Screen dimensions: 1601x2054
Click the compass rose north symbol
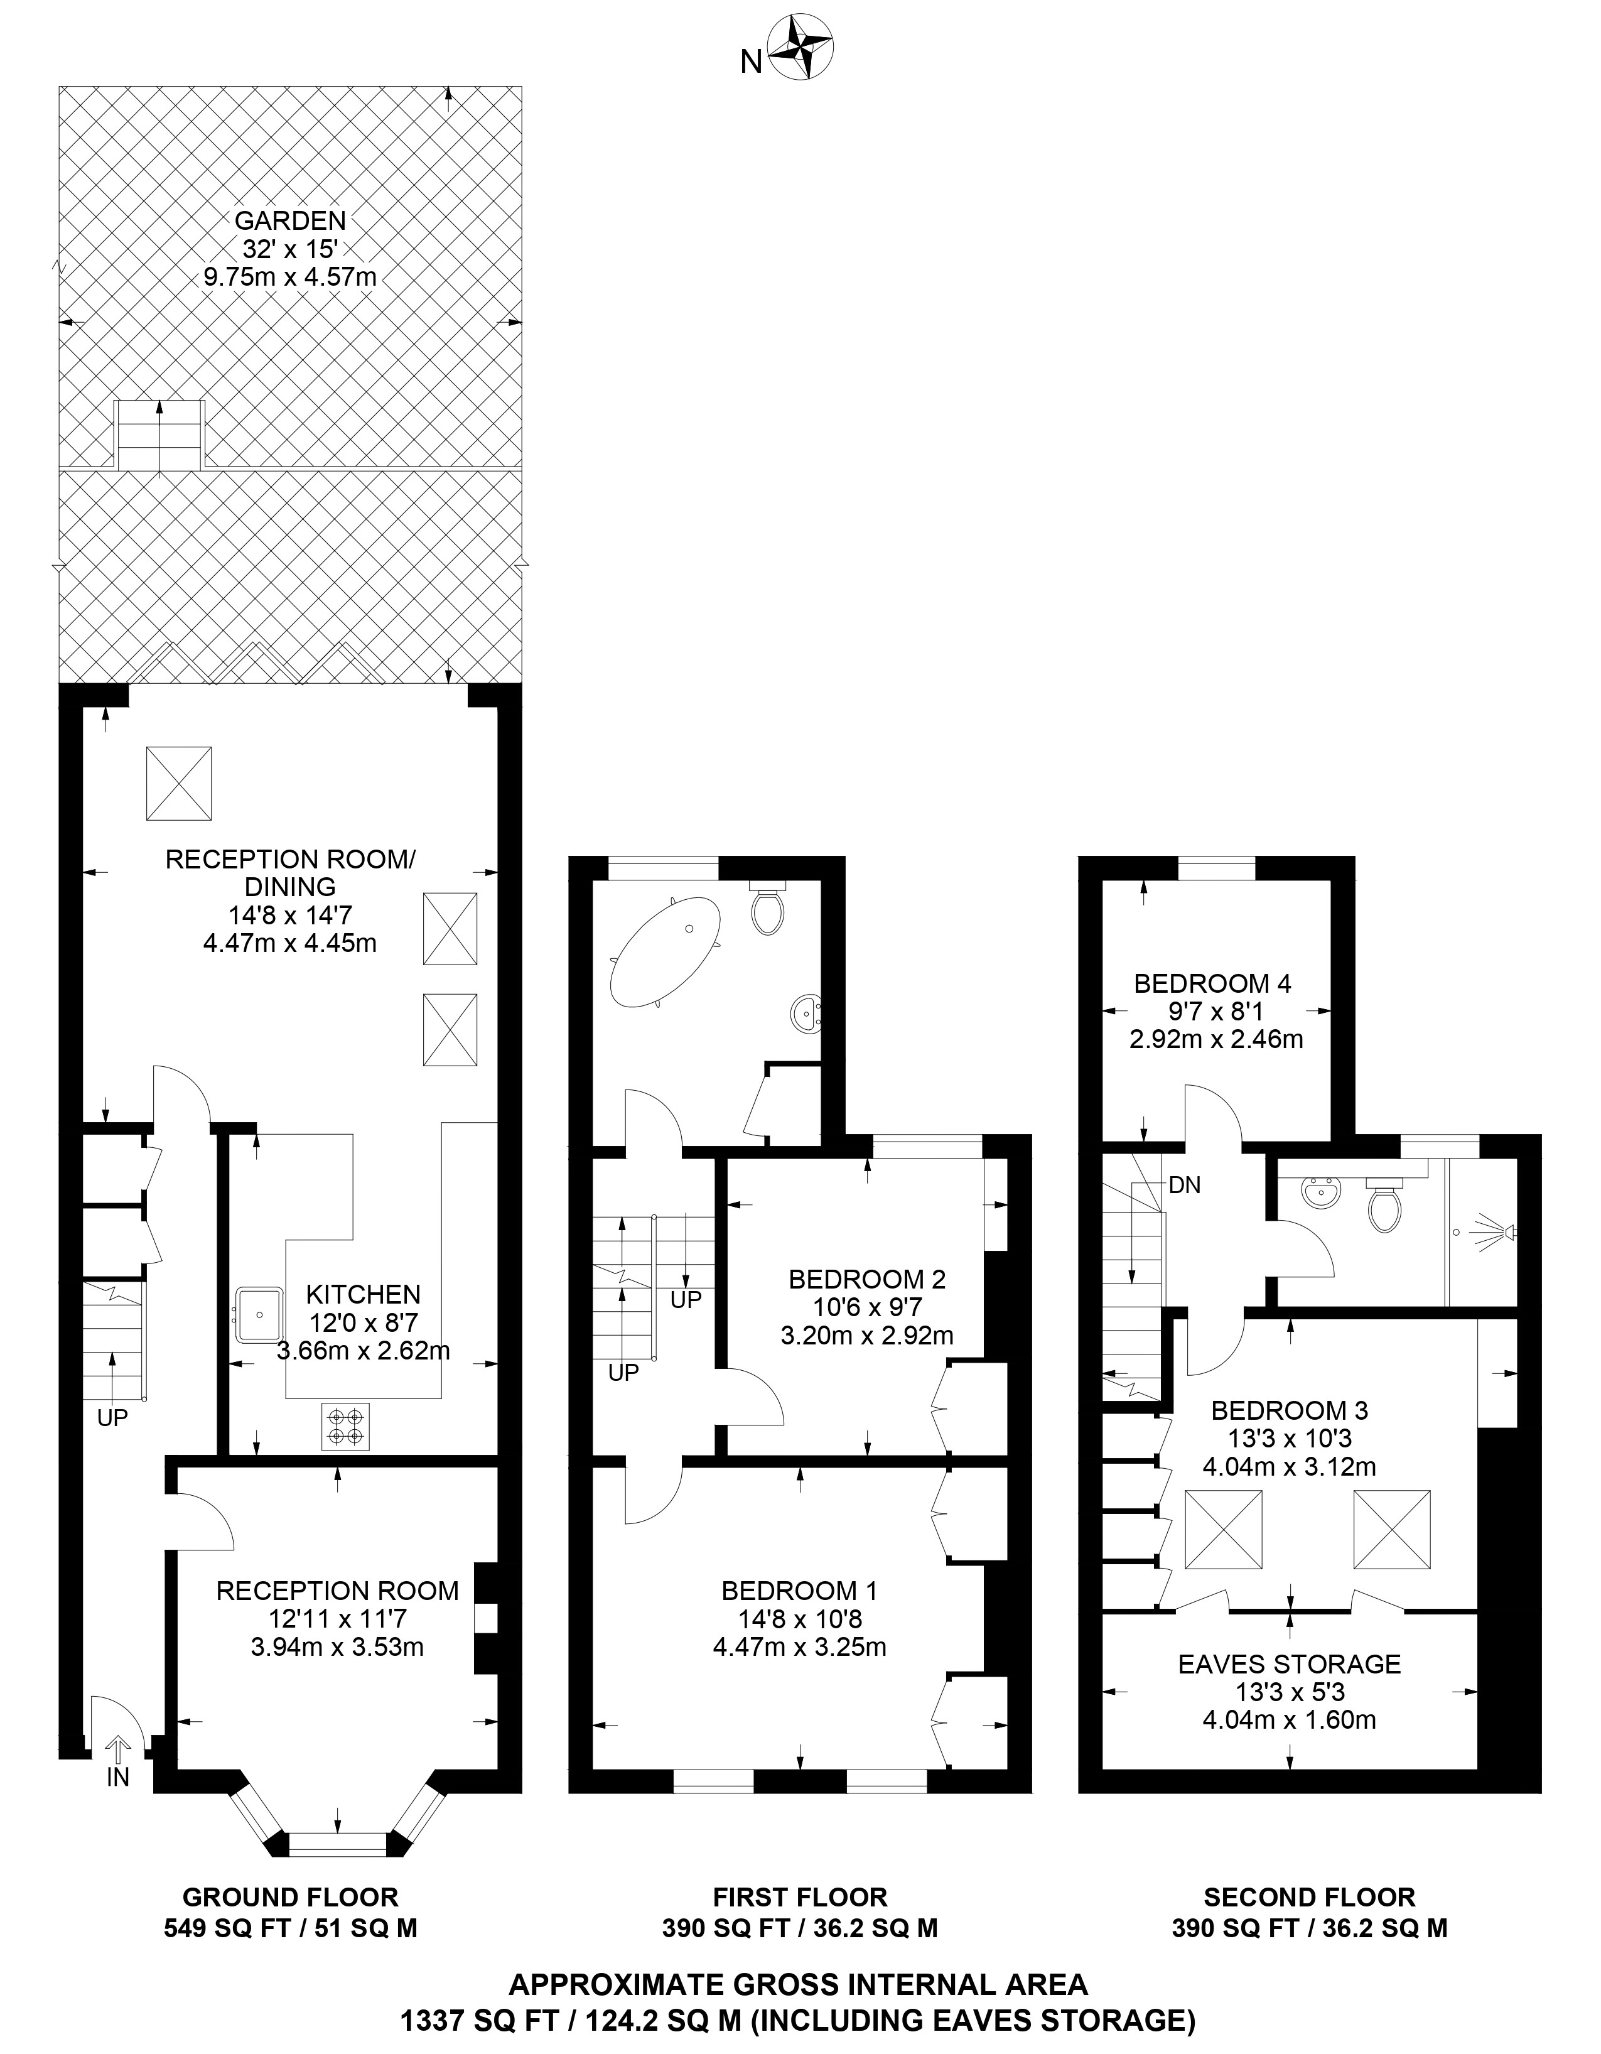[801, 47]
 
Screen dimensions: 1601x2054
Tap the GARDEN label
[291, 221]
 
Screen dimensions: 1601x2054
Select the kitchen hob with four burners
[346, 1425]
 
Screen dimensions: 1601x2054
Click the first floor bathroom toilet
[767, 905]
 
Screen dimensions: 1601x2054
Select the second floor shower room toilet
[1385, 1203]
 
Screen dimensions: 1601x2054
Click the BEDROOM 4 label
[1213, 984]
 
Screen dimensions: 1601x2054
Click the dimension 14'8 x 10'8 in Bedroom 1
[800, 1619]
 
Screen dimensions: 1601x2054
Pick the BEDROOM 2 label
[867, 1279]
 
